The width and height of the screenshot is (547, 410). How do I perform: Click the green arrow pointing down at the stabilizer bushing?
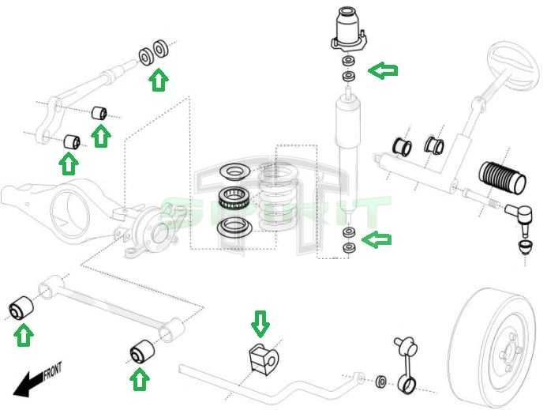[x=260, y=322]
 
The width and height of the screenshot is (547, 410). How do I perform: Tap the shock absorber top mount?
[x=347, y=32]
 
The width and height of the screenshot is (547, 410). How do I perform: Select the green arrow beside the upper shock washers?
[x=385, y=71]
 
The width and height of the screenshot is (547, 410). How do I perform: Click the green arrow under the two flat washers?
[x=159, y=79]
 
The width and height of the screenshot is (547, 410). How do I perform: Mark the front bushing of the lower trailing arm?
[x=24, y=307]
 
